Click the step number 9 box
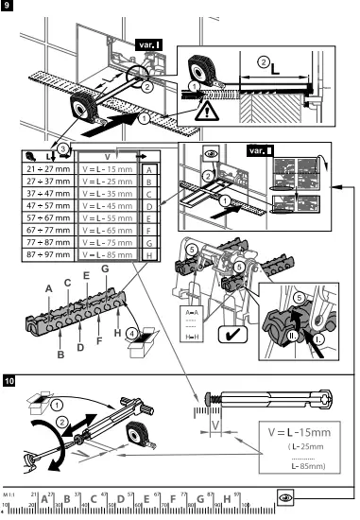pos(9,8)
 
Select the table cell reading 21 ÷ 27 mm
pos(46,166)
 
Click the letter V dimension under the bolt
pos(215,426)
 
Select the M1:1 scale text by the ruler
pos(9,494)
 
